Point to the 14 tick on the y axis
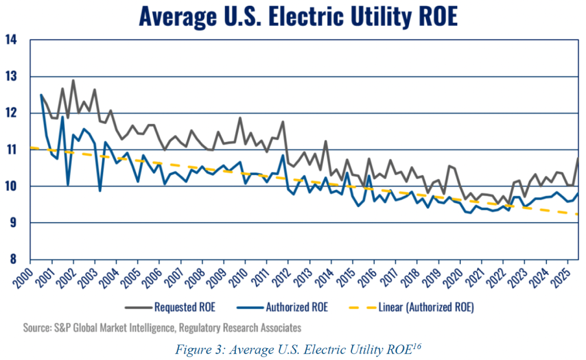click(11, 39)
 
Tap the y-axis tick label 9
click(14, 223)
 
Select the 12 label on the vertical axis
click(11, 113)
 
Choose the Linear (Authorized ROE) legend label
click(426, 307)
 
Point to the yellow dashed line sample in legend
click(362, 308)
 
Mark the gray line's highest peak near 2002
click(73, 80)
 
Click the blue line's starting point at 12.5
click(41, 95)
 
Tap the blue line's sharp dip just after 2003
click(100, 191)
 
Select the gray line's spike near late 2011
click(283, 121)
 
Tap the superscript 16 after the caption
click(417, 346)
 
